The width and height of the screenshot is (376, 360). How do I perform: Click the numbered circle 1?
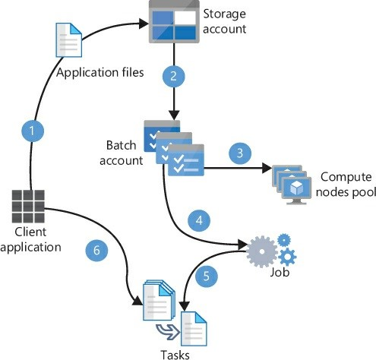(32, 130)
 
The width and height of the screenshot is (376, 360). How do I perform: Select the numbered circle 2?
(175, 76)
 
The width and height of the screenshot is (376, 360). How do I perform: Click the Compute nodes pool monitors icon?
(298, 178)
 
